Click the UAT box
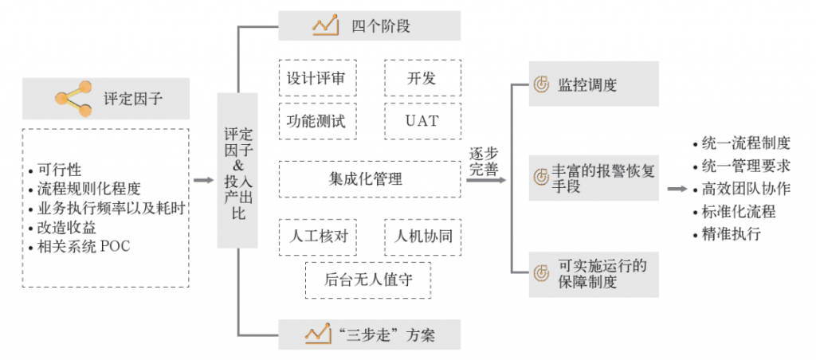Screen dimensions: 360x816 click(x=422, y=122)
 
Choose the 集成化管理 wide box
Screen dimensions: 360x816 click(x=370, y=179)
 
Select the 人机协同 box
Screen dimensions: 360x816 click(x=422, y=237)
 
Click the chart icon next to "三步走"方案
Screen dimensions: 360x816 click(x=318, y=334)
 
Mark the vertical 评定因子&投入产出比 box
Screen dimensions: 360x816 click(x=237, y=170)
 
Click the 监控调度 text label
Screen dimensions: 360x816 click(x=587, y=84)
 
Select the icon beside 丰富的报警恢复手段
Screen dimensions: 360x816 click(x=541, y=170)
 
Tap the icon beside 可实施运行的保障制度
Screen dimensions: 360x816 click(x=541, y=274)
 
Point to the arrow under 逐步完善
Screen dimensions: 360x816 click(x=486, y=180)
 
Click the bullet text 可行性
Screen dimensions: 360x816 click(x=60, y=170)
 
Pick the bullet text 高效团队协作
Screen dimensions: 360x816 click(x=746, y=190)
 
